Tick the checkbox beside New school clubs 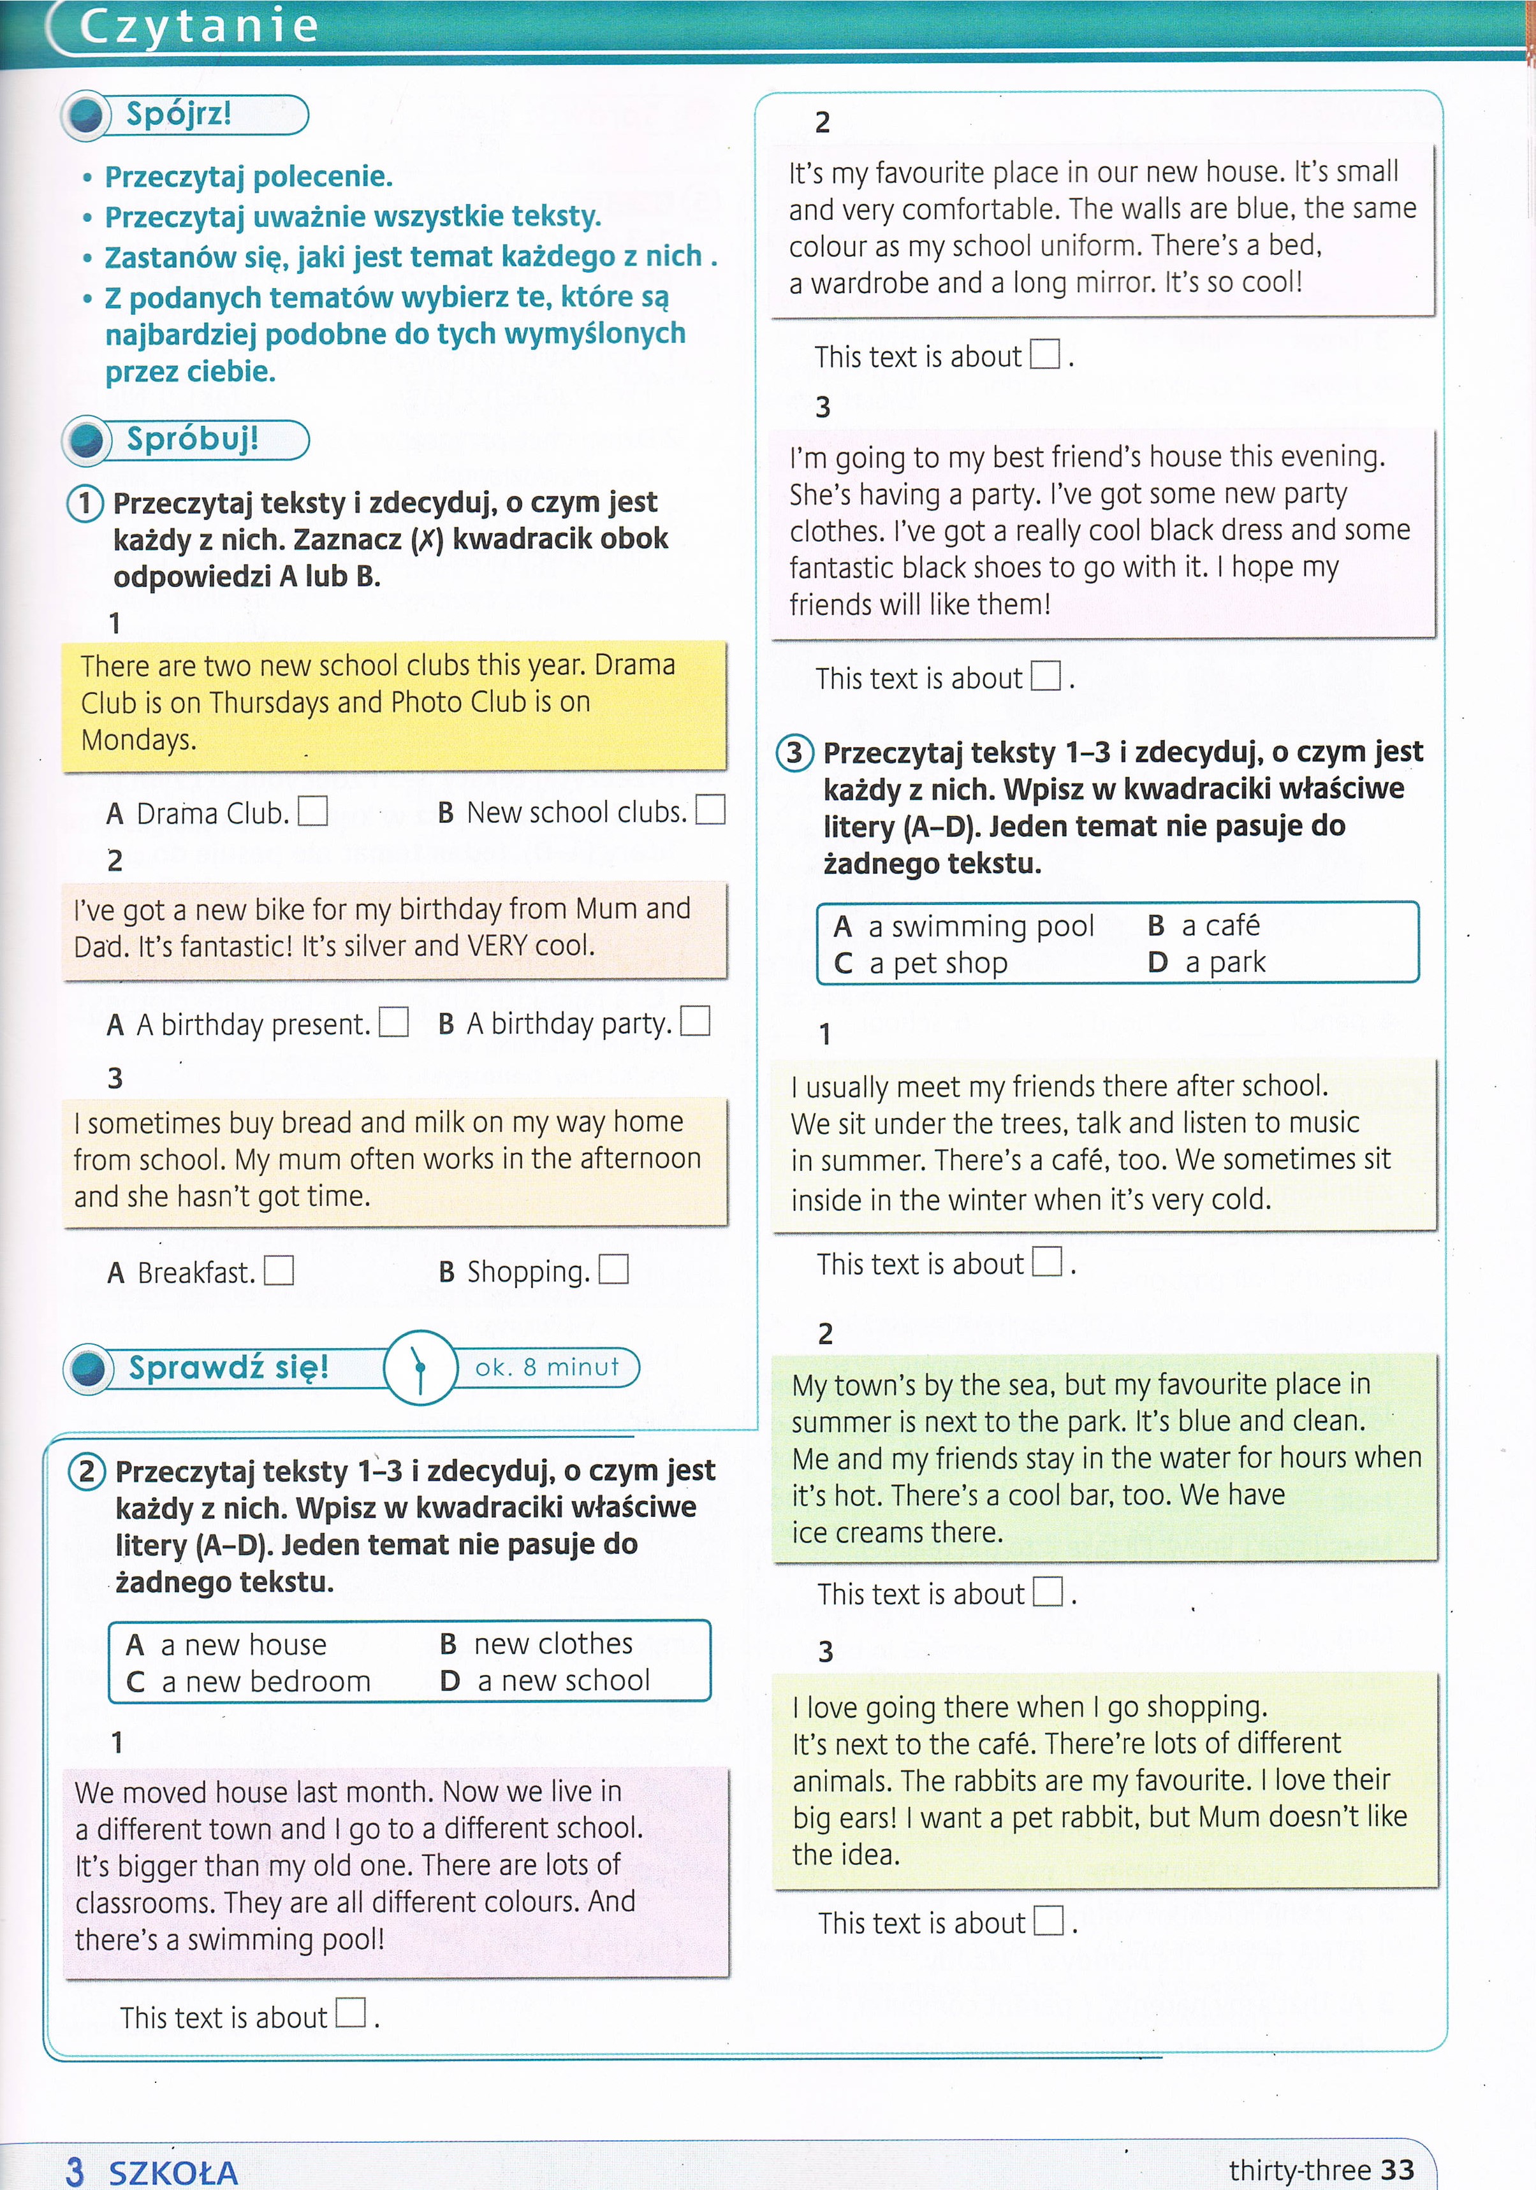pos(711,810)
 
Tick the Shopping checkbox pos(613,1270)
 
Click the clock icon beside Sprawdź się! pos(420,1367)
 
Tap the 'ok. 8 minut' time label pos(546,1367)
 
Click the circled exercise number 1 pos(85,503)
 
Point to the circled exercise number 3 pos(794,753)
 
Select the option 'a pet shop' pos(938,963)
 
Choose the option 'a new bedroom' pos(265,1681)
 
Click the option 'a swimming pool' pos(981,926)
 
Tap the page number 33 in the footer pos(1397,2170)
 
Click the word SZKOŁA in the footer pos(173,2173)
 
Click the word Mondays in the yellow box pos(138,739)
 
